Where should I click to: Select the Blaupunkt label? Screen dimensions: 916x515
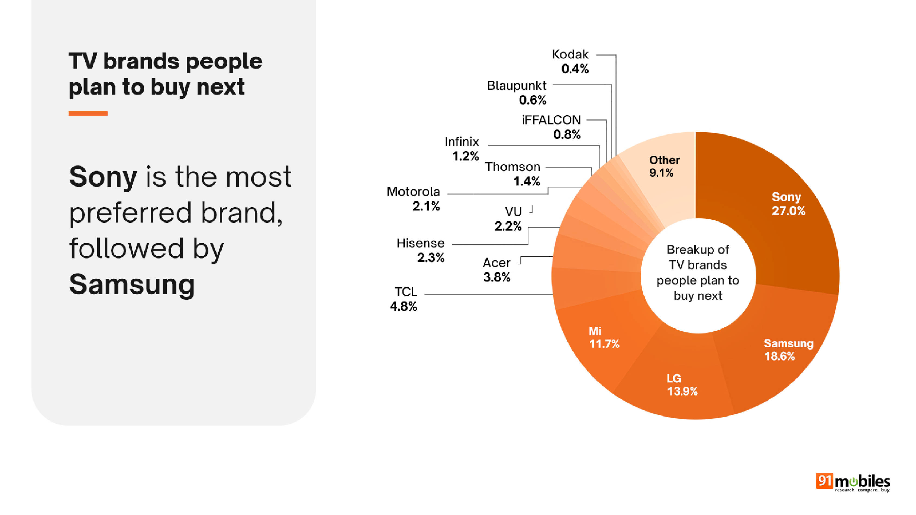[516, 86]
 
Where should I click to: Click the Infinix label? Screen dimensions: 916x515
[462, 141]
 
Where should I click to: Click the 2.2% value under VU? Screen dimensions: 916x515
[508, 226]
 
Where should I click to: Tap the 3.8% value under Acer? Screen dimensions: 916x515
[496, 277]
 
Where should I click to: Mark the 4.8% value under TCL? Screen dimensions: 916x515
[403, 306]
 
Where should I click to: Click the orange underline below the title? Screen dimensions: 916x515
[88, 114]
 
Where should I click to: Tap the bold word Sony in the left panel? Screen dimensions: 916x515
[103, 177]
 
